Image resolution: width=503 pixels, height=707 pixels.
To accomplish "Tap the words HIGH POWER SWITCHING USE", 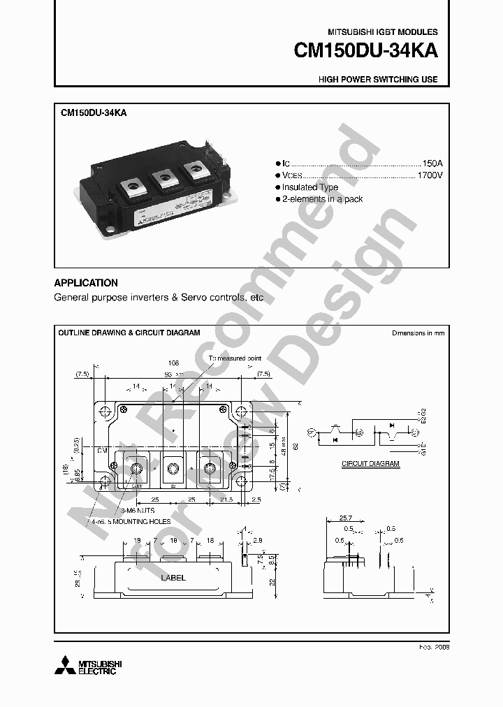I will click(378, 80).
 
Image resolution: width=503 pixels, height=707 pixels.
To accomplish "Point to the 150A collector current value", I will click(432, 162).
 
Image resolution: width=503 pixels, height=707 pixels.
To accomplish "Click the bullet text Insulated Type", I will click(310, 187).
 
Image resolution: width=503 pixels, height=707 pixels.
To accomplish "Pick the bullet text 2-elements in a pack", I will click(322, 199).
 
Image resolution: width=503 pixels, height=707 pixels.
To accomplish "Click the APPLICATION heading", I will click(86, 283).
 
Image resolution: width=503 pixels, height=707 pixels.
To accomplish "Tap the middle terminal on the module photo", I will click(165, 177).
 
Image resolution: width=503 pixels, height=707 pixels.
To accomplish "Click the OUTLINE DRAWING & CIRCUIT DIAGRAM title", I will click(129, 333).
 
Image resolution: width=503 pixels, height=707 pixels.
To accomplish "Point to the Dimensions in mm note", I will click(418, 333).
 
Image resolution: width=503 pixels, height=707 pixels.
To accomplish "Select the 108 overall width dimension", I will click(174, 363).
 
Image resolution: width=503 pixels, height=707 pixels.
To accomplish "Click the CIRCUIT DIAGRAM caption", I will click(370, 463).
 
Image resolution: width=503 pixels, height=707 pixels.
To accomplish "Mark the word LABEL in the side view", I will click(173, 578).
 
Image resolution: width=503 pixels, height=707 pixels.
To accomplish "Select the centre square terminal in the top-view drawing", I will click(173, 469).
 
